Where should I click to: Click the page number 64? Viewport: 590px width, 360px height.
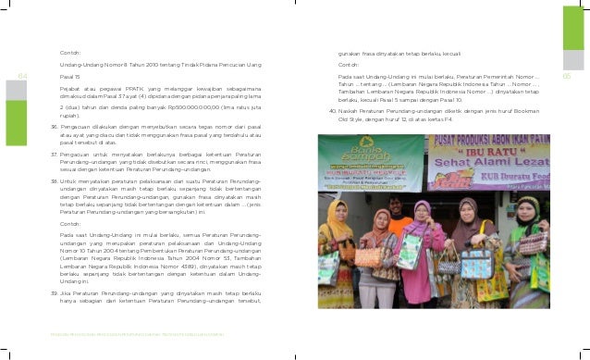click(23, 76)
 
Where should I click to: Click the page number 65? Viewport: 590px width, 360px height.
click(569, 76)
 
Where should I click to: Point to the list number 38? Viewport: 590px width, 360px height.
click(55, 181)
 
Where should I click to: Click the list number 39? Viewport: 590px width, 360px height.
click(55, 292)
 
